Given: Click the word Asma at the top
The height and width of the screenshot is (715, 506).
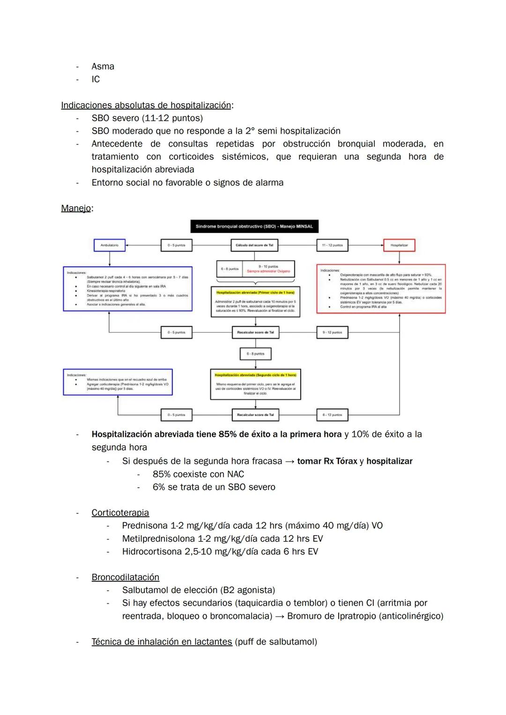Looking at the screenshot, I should tap(103, 67).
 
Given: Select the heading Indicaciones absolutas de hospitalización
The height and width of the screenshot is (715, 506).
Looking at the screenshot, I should tap(146, 105).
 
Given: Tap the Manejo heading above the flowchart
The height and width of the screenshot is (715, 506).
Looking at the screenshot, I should tap(75, 208).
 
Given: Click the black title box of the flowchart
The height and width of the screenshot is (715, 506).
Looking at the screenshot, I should tap(254, 226).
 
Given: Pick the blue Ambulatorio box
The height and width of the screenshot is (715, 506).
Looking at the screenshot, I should tap(110, 245).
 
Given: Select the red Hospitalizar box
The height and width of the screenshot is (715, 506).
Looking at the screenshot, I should tap(399, 245).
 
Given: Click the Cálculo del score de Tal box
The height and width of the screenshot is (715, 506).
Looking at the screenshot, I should tap(254, 245).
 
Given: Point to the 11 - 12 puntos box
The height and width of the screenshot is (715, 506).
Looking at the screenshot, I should tap(332, 245).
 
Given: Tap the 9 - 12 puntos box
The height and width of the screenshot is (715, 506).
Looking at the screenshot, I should tap(332, 332).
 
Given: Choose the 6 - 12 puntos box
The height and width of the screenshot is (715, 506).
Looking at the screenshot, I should tap(332, 415).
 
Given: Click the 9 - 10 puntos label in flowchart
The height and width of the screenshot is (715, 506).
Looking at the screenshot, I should tap(268, 266).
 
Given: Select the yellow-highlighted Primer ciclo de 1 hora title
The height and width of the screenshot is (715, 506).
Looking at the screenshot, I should tap(255, 293).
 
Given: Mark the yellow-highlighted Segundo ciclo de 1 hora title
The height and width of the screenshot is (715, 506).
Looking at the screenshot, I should tap(255, 375).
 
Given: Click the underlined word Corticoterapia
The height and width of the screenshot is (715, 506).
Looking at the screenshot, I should tap(120, 513).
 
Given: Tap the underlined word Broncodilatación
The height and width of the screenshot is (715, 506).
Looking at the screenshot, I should tap(125, 577).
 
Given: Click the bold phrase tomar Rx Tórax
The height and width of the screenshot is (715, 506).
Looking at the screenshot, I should tap(327, 461).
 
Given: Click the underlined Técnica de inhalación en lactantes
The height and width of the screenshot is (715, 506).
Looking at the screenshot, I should tap(162, 642).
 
